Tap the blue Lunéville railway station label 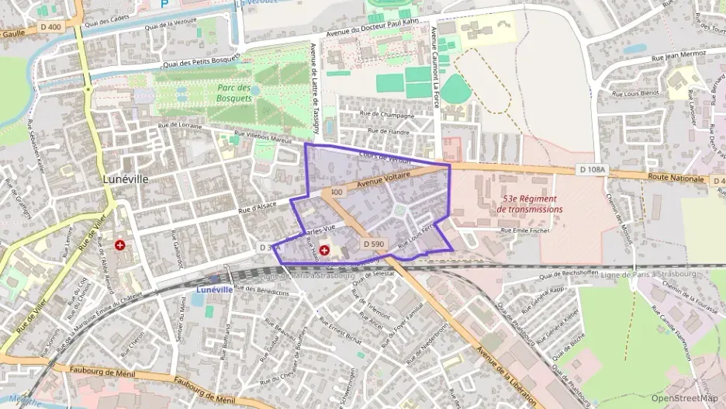click(x=215, y=289)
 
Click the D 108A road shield click(x=592, y=169)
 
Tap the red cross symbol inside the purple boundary click(x=325, y=251)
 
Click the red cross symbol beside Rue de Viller click(x=121, y=244)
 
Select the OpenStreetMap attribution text click(x=684, y=398)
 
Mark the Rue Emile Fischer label click(x=526, y=230)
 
